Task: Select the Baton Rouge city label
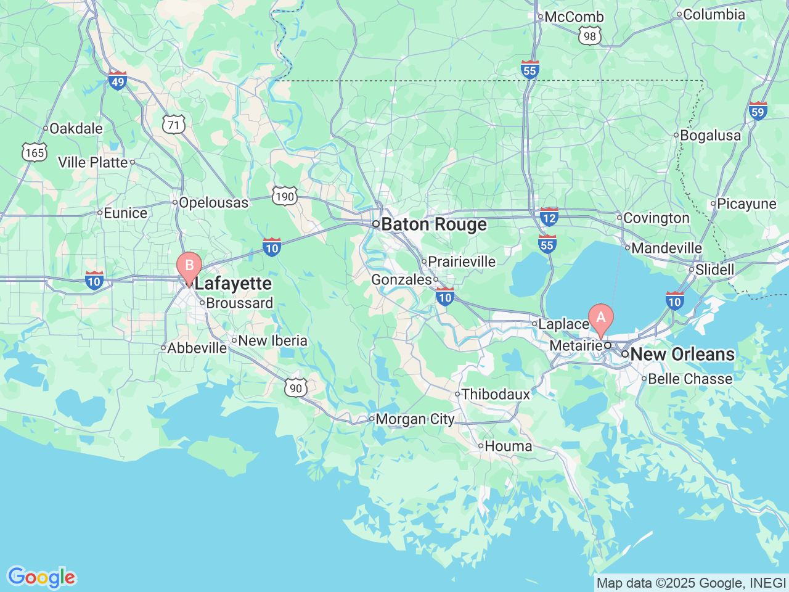click(433, 224)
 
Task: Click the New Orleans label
click(682, 355)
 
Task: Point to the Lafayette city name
click(233, 284)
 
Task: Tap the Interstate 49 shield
click(117, 80)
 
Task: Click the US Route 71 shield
click(174, 125)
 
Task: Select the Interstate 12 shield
click(549, 216)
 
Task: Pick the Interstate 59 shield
click(758, 111)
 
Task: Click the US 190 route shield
click(284, 197)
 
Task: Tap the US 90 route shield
click(296, 388)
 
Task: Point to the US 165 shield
click(35, 152)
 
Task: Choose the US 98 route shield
click(590, 36)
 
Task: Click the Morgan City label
click(415, 419)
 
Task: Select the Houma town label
click(508, 446)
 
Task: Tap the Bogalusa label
click(710, 136)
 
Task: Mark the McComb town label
click(574, 17)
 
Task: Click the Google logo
click(41, 578)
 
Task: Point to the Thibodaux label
click(496, 394)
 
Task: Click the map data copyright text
click(691, 583)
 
